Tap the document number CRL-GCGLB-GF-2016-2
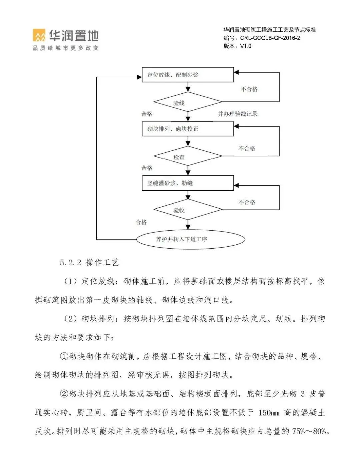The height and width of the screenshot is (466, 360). tap(270, 38)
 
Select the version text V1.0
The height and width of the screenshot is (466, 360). tap(245, 46)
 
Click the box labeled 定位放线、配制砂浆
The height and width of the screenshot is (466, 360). tap(188, 75)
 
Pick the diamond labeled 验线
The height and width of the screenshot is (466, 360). tap(188, 102)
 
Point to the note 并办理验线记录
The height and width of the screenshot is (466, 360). tap(238, 114)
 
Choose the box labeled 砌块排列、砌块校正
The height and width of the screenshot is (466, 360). tap(188, 129)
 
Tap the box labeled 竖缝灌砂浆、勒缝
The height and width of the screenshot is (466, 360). tap(188, 183)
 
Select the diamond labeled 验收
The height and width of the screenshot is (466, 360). tap(188, 210)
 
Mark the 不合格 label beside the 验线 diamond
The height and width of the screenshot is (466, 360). tap(249, 89)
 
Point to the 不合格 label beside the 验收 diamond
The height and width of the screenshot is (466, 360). tap(247, 202)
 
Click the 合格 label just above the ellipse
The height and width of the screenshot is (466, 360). tap(141, 222)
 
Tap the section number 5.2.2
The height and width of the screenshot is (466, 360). tap(70, 263)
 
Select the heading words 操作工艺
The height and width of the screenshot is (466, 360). tap(102, 262)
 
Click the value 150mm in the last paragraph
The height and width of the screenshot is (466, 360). tap(269, 413)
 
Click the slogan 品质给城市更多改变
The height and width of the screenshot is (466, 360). tap(66, 48)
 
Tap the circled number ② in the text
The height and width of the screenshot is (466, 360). tap(64, 394)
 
